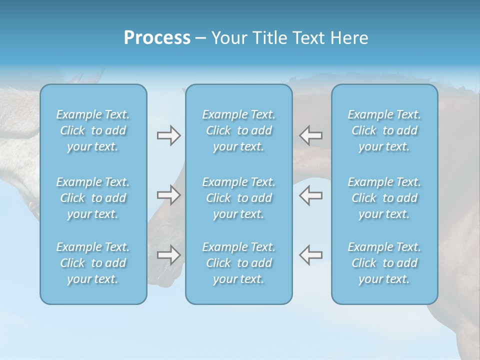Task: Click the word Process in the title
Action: click(157, 38)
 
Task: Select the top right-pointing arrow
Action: click(169, 135)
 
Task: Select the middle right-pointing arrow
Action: click(169, 195)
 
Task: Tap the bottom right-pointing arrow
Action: click(169, 254)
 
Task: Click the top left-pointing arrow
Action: click(310, 135)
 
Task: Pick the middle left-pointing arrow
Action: click(310, 195)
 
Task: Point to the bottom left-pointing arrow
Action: click(310, 254)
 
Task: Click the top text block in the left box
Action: click(93, 130)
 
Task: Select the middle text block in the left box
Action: click(93, 198)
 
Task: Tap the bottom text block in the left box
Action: click(93, 263)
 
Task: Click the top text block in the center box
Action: click(239, 130)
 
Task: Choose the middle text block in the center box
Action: click(239, 198)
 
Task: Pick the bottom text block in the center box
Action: click(239, 263)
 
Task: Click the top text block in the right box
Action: click(384, 130)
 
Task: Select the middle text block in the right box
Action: click(384, 198)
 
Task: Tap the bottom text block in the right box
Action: click(384, 263)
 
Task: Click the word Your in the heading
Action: click(228, 38)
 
